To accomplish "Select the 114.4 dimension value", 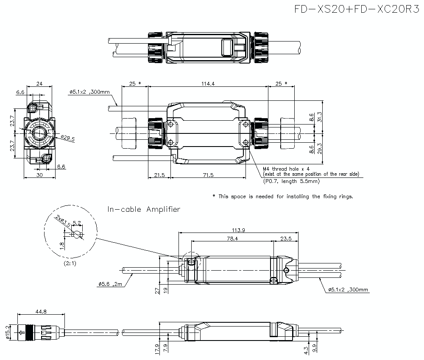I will coord(208,83).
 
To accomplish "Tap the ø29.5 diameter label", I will coord(67,138).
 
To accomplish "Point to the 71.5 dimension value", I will coord(208,175).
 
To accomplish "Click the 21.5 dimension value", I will coord(159,175).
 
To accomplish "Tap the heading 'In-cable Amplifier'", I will coord(144,209).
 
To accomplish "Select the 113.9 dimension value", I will coord(238,230).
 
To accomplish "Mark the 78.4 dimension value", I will coord(233,239).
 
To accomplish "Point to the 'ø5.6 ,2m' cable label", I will coord(109,285).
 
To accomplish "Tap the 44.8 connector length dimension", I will coord(41,312).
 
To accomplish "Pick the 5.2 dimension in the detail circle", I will coord(77,222).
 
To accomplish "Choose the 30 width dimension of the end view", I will coord(39,175).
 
